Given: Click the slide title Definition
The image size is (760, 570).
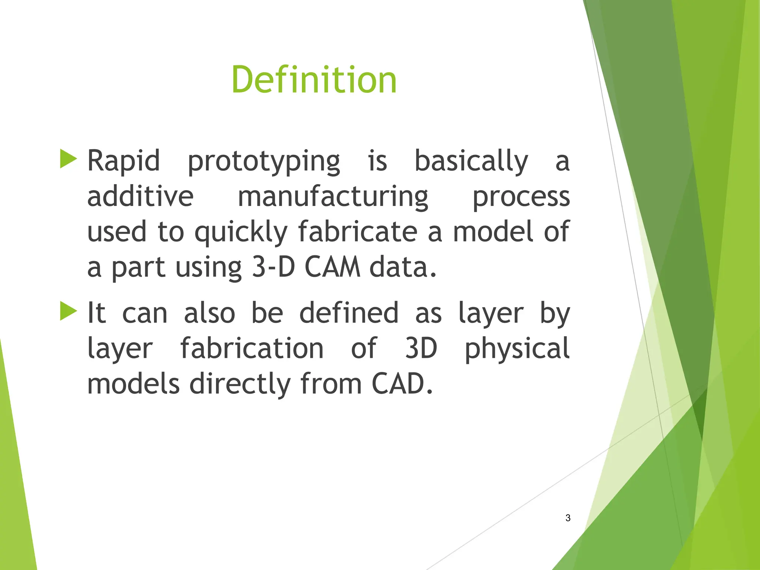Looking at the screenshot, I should [x=314, y=80].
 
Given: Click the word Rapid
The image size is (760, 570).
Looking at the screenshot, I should [x=123, y=161].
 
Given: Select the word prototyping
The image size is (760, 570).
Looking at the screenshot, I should [x=263, y=162].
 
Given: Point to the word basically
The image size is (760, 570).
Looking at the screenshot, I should [x=471, y=161].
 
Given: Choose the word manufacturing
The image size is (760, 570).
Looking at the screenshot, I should [x=332, y=197].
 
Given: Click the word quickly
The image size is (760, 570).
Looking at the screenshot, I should [x=241, y=232].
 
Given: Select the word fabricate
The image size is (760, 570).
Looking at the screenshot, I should [x=358, y=232].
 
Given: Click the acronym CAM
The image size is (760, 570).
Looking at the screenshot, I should [x=332, y=267].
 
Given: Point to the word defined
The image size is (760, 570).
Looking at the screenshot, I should [x=348, y=313].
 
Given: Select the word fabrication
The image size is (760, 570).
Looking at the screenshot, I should [x=252, y=348].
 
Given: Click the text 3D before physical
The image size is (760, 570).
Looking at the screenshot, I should [x=421, y=348].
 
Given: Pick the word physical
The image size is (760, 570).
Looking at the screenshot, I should [x=517, y=349].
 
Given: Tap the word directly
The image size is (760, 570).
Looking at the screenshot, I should [x=240, y=384].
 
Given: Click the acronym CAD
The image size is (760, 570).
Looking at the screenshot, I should [x=402, y=384].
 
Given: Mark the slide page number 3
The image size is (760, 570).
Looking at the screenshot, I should [x=568, y=518].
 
